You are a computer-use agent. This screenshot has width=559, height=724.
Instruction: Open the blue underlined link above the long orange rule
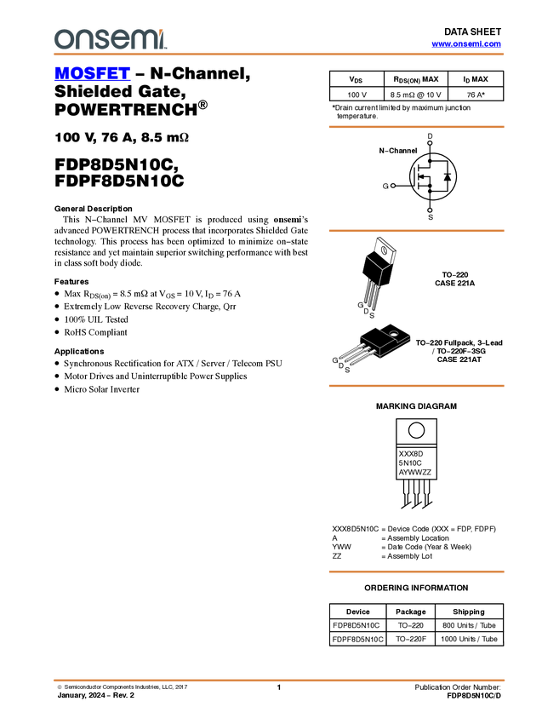pyautogui.click(x=466, y=44)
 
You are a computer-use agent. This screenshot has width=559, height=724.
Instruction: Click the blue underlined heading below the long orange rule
pyautogui.click(x=92, y=74)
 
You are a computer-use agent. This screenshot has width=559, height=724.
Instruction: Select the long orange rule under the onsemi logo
pyautogui.click(x=279, y=55)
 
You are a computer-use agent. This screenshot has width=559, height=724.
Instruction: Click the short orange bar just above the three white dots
pyautogui.click(x=416, y=127)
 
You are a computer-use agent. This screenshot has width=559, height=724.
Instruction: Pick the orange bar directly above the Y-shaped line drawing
pyautogui.click(x=416, y=231)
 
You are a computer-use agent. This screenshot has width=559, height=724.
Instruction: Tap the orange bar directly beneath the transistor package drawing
pyautogui.click(x=416, y=386)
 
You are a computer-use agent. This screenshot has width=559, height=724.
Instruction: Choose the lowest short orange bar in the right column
pyautogui.click(x=416, y=572)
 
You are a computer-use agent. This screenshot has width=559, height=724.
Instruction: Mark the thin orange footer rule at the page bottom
pyautogui.click(x=279, y=681)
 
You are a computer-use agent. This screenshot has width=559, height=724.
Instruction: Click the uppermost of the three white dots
pyautogui.click(x=429, y=143)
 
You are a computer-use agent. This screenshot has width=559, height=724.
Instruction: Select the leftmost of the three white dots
pyautogui.click(x=393, y=186)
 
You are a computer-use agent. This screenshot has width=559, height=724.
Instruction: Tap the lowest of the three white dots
pyautogui.click(x=429, y=210)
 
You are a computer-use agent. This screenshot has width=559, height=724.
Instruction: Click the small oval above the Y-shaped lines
pyautogui.click(x=384, y=250)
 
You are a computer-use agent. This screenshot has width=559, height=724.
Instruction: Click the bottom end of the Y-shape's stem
pyautogui.click(x=378, y=287)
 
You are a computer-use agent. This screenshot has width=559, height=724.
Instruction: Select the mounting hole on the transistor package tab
pyautogui.click(x=394, y=332)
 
